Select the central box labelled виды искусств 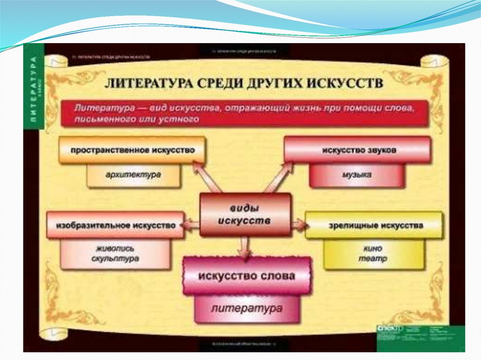click(245, 214)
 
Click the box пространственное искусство click(132, 150)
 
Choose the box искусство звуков click(357, 150)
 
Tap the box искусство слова click(247, 276)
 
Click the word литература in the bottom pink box click(247, 308)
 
